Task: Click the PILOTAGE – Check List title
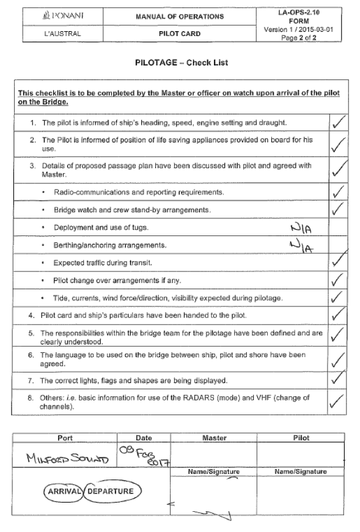pyautogui.click(x=180, y=63)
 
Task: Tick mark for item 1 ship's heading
pyautogui.click(x=338, y=124)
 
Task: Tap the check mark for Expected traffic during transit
pyautogui.click(x=338, y=264)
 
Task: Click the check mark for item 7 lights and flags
pyautogui.click(x=338, y=380)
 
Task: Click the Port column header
pyautogui.click(x=65, y=438)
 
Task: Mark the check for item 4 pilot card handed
pyautogui.click(x=338, y=316)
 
